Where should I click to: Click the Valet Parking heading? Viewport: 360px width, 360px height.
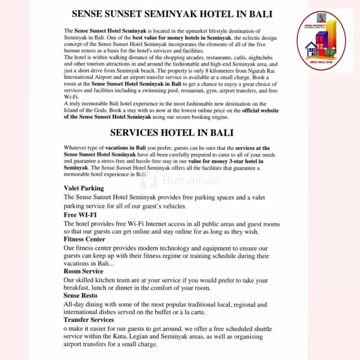pyautogui.click(x=84, y=188)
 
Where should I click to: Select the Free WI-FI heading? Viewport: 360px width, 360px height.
pyautogui.click(x=80, y=215)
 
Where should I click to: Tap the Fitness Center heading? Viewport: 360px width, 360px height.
pyautogui.click(x=85, y=239)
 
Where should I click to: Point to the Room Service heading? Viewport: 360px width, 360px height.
pyautogui.click(x=83, y=271)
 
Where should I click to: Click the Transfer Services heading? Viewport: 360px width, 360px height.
pyautogui.click(x=89, y=319)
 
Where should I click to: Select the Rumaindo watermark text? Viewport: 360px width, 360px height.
pyautogui.click(x=191, y=181)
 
